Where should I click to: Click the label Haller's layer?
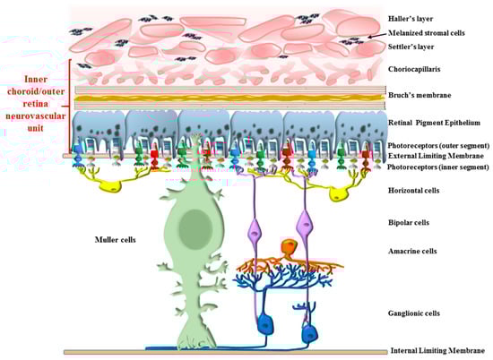[x=411, y=19]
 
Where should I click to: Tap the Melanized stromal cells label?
[x=427, y=33]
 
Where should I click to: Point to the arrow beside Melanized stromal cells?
[x=376, y=36]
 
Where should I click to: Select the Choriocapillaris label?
[x=414, y=69]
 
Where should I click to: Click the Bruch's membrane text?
[x=419, y=95]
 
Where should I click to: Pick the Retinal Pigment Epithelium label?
[x=434, y=123]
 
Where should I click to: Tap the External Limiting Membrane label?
[x=436, y=156]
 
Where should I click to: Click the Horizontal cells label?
[x=413, y=191]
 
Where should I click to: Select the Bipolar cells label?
[x=409, y=223]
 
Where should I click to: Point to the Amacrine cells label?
[x=412, y=251]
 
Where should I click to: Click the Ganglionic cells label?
[x=414, y=313]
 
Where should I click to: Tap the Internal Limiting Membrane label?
[x=437, y=350]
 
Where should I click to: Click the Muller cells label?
[x=115, y=240]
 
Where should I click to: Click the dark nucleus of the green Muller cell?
[x=195, y=228]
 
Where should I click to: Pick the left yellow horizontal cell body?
[x=110, y=186]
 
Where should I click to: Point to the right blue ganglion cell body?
[x=310, y=334]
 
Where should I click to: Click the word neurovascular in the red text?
[x=36, y=116]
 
